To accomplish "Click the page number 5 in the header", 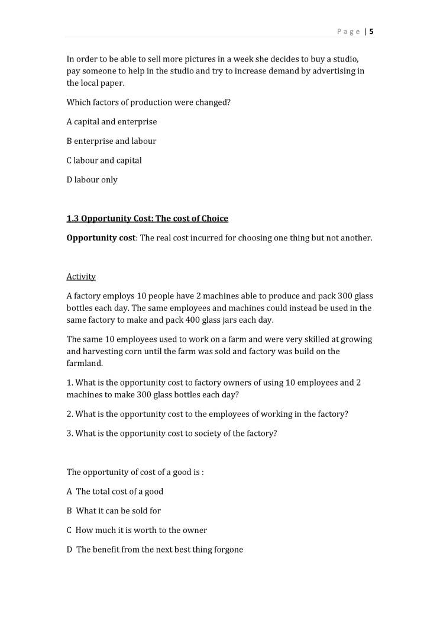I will click(371, 32).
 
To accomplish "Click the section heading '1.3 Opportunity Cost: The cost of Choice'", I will click(147, 219).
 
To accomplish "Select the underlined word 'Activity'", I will click(81, 277).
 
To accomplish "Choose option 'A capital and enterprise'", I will click(112, 122).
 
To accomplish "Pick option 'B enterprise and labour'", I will click(111, 141).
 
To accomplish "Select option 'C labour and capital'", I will click(104, 160).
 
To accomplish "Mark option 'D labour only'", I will click(92, 180).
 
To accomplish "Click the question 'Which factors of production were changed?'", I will click(148, 102).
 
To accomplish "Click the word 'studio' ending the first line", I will click(345, 59).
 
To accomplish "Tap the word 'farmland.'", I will click(85, 364).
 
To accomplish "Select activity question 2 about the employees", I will click(207, 414).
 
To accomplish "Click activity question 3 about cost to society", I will click(172, 433).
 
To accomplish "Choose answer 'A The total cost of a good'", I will click(115, 492).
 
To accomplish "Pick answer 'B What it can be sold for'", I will click(114, 511).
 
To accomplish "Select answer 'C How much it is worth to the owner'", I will click(137, 530).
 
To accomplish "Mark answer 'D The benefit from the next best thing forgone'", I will click(155, 550).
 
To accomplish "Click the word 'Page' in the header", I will click(348, 32).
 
